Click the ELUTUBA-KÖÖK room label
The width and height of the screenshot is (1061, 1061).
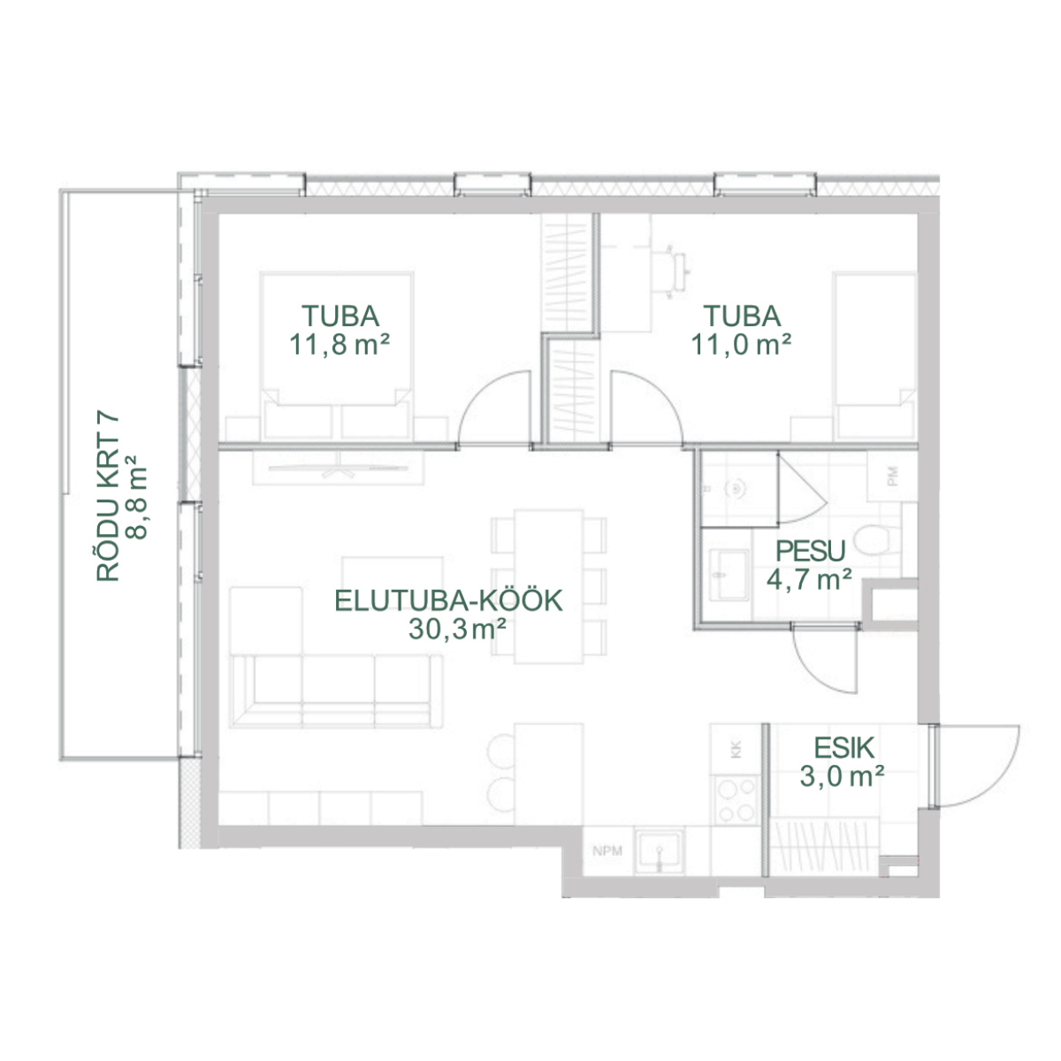tap(449, 600)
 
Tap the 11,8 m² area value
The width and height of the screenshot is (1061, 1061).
tap(340, 345)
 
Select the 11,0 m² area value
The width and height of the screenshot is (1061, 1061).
tap(742, 345)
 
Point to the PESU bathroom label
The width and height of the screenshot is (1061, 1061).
tap(811, 551)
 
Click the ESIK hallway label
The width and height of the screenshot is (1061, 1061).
tap(844, 748)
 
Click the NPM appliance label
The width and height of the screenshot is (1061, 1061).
tap(607, 851)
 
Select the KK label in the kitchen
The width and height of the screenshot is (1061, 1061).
tap(736, 750)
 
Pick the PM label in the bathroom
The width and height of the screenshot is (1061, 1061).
tap(893, 477)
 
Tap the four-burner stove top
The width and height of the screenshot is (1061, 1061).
tap(737, 800)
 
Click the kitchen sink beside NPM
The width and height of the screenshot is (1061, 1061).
tap(660, 851)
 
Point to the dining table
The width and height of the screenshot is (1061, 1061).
tap(548, 586)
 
